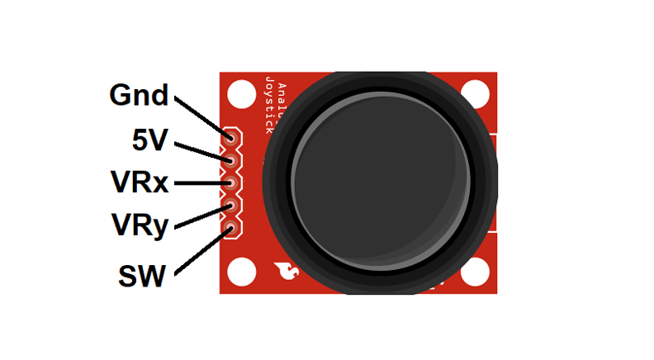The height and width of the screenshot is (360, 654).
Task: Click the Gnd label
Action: (x=139, y=96)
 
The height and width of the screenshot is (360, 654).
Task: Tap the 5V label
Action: (x=149, y=140)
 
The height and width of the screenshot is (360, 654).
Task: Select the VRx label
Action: (x=140, y=182)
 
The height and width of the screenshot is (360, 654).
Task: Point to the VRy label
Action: (x=140, y=224)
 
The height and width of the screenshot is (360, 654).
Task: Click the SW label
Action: (x=142, y=275)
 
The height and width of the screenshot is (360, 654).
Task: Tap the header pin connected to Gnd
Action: (x=231, y=134)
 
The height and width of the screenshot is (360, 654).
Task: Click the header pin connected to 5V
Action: (x=231, y=157)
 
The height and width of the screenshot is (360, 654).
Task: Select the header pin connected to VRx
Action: (x=231, y=181)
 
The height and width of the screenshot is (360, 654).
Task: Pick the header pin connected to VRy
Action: (x=231, y=204)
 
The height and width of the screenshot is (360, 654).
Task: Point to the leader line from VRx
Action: (x=198, y=182)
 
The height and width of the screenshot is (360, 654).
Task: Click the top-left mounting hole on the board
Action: (x=241, y=94)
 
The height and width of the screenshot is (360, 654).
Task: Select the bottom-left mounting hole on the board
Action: (x=241, y=272)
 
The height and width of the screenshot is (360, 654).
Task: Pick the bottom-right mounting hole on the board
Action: (x=476, y=272)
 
